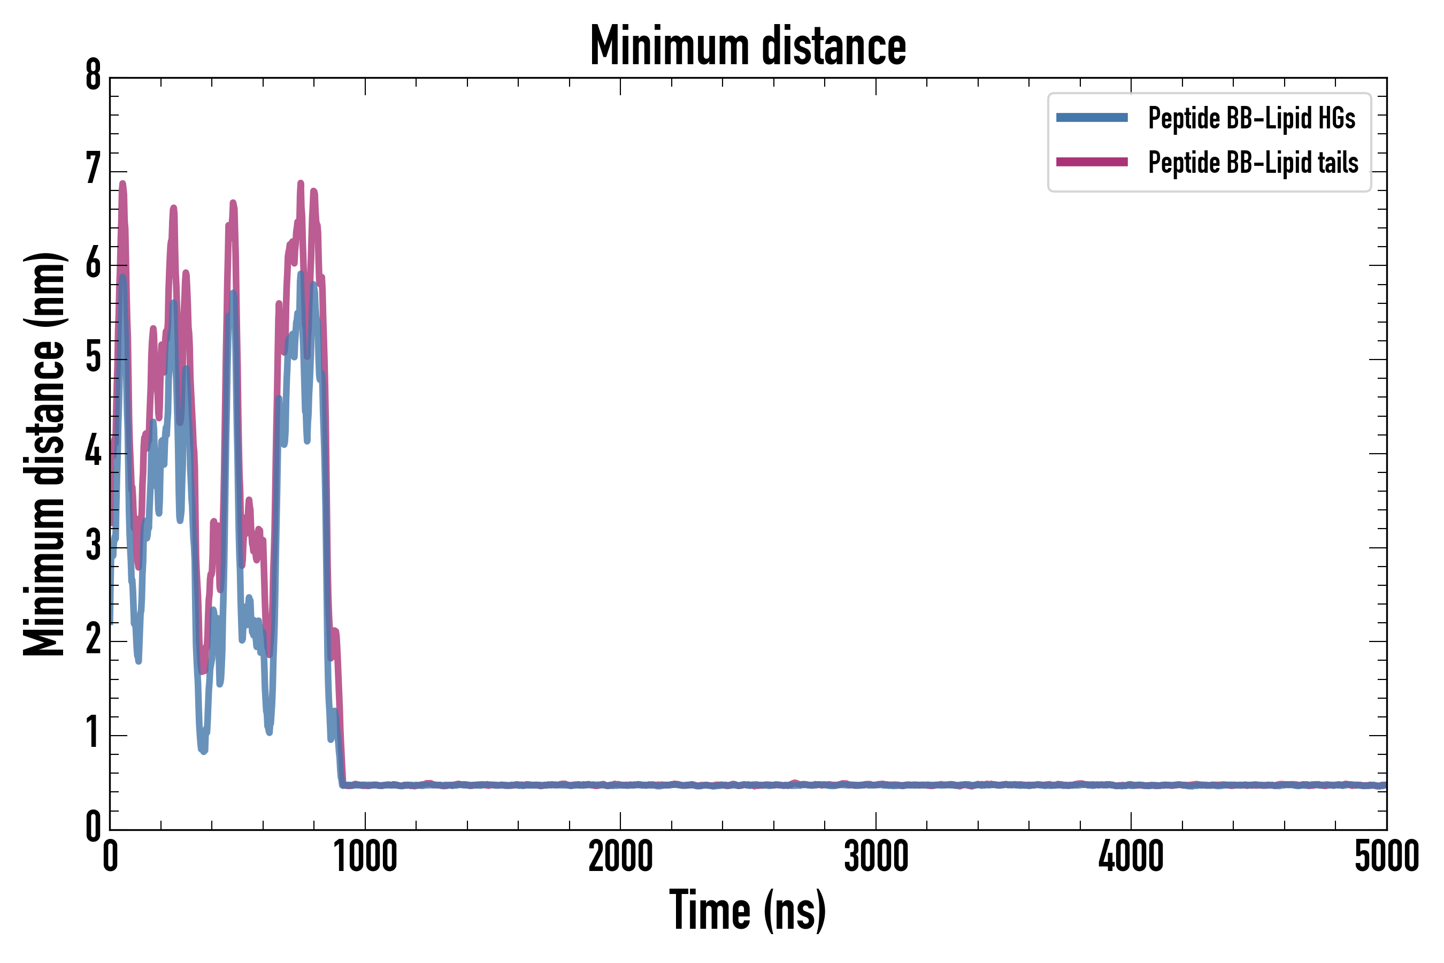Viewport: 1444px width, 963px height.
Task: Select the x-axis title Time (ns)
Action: pyautogui.click(x=747, y=910)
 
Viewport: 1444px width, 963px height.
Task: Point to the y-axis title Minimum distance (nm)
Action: pyautogui.click(x=44, y=454)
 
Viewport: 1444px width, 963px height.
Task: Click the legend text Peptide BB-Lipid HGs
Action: pyautogui.click(x=1251, y=117)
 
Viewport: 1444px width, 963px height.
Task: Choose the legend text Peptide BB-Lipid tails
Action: pyautogui.click(x=1253, y=163)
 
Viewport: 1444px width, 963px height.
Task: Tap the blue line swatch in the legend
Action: pyautogui.click(x=1092, y=117)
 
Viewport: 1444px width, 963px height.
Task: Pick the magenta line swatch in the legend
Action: pyautogui.click(x=1092, y=162)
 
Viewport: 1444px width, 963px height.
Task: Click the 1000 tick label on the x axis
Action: pyautogui.click(x=365, y=857)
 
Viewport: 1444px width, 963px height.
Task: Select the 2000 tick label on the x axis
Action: pyautogui.click(x=620, y=857)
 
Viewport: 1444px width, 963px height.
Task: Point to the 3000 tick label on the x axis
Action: pyautogui.click(x=876, y=857)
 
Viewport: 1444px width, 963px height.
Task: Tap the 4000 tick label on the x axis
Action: pyautogui.click(x=1131, y=857)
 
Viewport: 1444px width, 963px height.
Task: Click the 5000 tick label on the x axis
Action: pyautogui.click(x=1386, y=857)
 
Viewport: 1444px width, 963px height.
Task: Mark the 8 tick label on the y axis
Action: pyautogui.click(x=93, y=76)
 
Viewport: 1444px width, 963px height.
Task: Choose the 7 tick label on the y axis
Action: pyautogui.click(x=93, y=169)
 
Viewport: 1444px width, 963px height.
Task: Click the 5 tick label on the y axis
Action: pyautogui.click(x=93, y=357)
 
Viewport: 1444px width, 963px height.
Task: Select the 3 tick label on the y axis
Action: pyautogui.click(x=93, y=546)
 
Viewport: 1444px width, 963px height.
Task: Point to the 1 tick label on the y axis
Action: pyautogui.click(x=93, y=733)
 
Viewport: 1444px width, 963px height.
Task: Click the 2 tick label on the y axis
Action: pyautogui.click(x=93, y=640)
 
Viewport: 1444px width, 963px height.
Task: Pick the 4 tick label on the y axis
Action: pyautogui.click(x=93, y=452)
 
